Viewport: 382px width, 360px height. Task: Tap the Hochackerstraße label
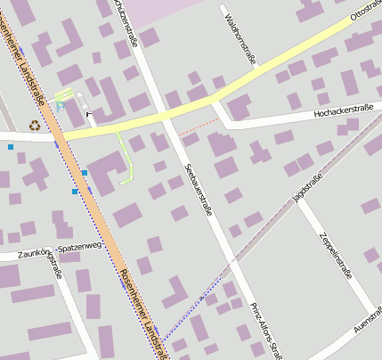[x=344, y=111]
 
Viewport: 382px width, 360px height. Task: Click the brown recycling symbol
[x=35, y=125]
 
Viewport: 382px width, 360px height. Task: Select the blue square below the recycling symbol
[x=11, y=146]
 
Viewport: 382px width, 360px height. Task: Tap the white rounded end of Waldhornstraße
[x=222, y=9]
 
